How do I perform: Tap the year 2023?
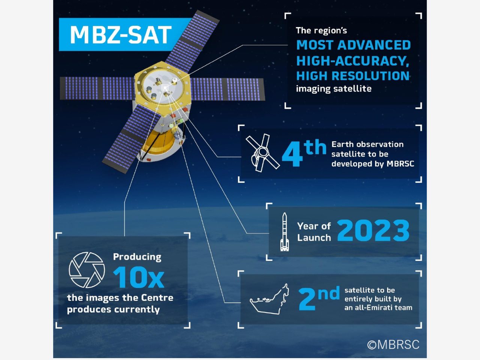click(373, 231)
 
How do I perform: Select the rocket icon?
click(284, 232)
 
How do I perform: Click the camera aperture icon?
click(87, 270)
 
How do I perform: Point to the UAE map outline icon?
click(269, 299)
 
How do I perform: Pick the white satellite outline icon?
click(262, 153)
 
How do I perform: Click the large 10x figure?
click(138, 277)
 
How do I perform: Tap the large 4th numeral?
click(304, 153)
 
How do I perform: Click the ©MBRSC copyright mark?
click(393, 345)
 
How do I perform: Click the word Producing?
click(137, 257)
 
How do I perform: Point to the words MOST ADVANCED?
click(353, 45)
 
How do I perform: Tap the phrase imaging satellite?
click(334, 89)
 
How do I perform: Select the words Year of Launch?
click(314, 232)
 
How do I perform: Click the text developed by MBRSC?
click(373, 164)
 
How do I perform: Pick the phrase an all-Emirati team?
click(378, 308)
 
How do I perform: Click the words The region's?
click(321, 31)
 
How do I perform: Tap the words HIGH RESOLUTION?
click(353, 76)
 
